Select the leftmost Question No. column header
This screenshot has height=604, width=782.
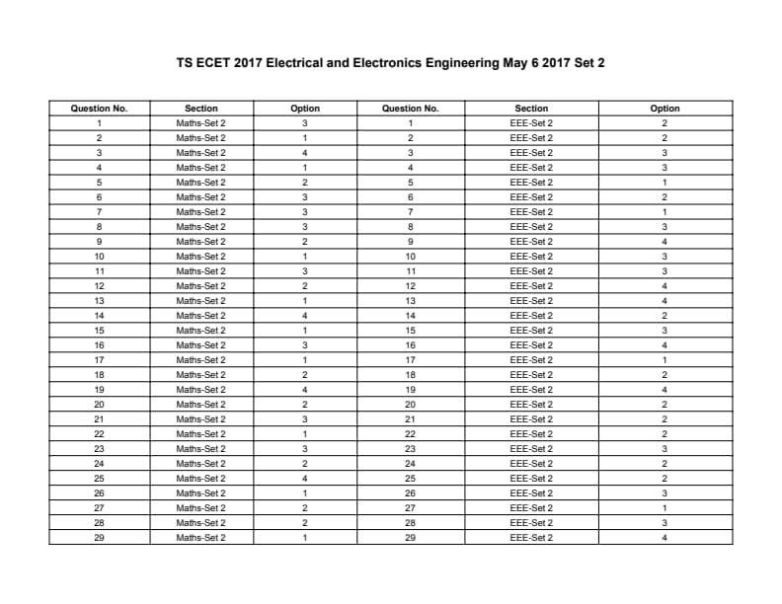tap(99, 109)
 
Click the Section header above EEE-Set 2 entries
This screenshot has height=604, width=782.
tap(531, 109)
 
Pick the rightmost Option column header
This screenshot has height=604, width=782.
tap(665, 109)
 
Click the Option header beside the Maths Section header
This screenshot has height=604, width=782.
tap(305, 109)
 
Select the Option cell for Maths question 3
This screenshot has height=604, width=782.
tap(305, 153)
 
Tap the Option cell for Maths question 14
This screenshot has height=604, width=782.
tap(305, 316)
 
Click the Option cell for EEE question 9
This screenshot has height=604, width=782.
tap(665, 242)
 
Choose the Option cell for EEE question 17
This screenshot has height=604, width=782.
tap(665, 360)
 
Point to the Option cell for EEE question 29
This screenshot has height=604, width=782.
tap(665, 538)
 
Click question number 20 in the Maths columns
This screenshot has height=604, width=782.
tap(99, 405)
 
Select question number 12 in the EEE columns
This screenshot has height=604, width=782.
tap(410, 286)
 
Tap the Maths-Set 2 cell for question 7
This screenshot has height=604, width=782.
tap(200, 212)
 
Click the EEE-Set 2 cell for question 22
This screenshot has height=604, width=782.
tap(531, 434)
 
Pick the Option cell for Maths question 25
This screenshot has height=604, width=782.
tap(305, 479)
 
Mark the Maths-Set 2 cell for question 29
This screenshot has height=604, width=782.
tap(200, 538)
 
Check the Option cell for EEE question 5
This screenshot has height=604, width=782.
tap(665, 183)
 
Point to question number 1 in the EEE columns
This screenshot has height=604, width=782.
tap(410, 123)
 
